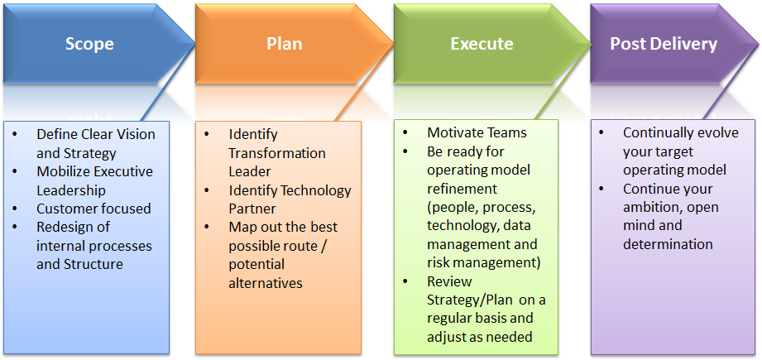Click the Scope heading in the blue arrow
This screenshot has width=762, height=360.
[x=89, y=44]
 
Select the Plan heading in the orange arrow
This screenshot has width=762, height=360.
[x=285, y=44]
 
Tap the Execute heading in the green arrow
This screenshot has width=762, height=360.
[x=482, y=44]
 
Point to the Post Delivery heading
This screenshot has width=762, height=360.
[x=664, y=44]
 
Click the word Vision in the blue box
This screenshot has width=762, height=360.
[x=134, y=135]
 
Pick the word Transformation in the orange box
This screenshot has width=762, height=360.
[x=277, y=153]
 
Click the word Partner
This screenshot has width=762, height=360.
[x=252, y=209]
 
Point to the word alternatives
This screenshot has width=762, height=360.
[x=266, y=283]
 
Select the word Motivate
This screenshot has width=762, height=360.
[x=456, y=132]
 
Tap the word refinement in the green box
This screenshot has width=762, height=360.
[x=462, y=189]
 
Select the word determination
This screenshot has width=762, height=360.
[x=668, y=244]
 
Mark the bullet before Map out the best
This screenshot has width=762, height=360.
[x=208, y=227]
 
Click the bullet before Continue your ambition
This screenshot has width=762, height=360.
[x=602, y=188]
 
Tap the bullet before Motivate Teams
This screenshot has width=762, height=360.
[x=405, y=132]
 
